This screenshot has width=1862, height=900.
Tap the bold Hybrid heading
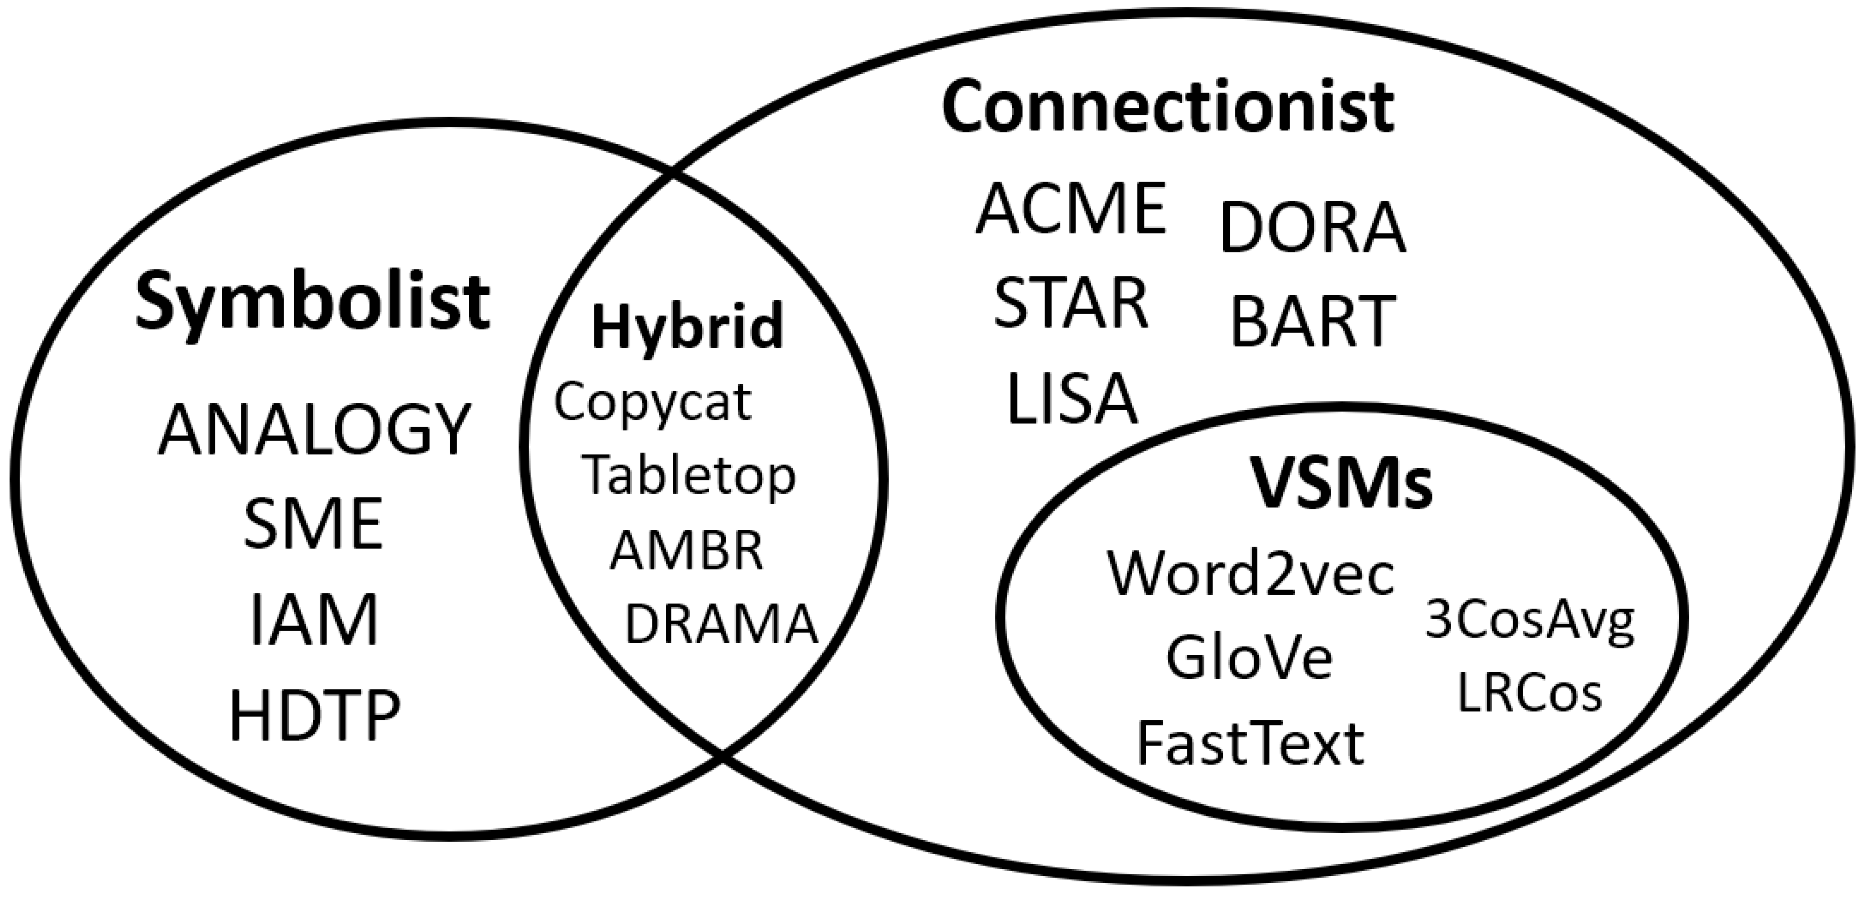click(x=687, y=327)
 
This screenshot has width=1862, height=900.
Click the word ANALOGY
click(x=314, y=430)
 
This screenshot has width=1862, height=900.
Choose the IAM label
click(x=314, y=619)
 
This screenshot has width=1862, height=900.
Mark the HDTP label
click(x=314, y=716)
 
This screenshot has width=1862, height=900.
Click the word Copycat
click(x=653, y=403)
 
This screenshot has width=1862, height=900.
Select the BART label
click(x=1312, y=322)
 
